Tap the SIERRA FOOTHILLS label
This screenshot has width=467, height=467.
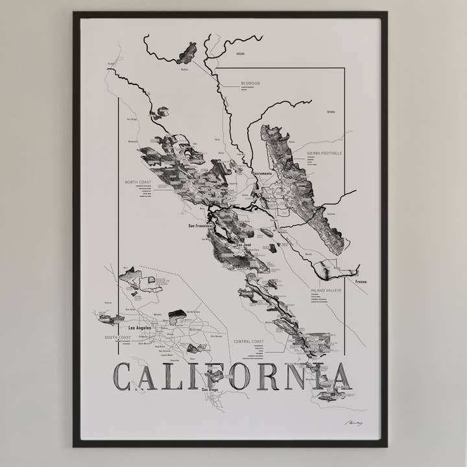pos(324,154)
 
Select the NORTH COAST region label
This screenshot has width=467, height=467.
pos(138,182)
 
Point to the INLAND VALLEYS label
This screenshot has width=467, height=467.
pos(326,290)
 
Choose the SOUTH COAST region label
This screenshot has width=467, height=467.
pos(117,338)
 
